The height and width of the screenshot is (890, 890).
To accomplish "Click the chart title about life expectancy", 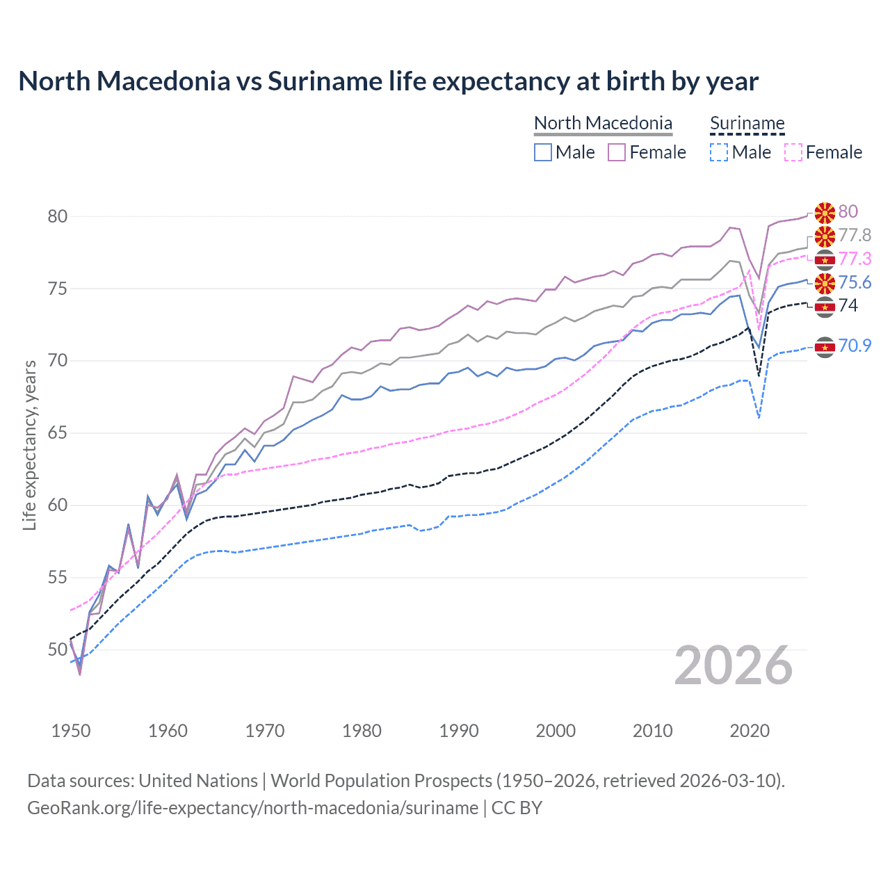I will pos(388,81).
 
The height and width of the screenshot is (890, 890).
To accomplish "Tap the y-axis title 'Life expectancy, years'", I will pos(30,445).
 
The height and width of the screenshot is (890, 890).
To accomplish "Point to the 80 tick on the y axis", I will pos(58,216).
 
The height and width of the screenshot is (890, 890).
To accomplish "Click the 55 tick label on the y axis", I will pos(58,577).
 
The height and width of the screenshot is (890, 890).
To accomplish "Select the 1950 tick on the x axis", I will pos(71,731).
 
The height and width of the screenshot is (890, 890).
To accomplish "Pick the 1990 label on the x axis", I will pos(459,731).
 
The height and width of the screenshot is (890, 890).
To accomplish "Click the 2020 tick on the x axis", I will pos(750,731).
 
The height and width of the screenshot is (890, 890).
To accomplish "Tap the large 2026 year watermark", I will pos(734,666).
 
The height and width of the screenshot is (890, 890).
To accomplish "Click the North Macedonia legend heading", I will pos(603,123).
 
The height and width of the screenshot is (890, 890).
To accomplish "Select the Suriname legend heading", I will pos(747,123).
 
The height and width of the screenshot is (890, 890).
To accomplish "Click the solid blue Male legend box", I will pos(543,152).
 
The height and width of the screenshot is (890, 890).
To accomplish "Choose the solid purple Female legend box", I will pos(617,152).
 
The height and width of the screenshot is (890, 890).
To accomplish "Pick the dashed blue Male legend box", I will pos(719,152).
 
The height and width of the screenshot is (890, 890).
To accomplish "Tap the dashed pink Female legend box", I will pos(793,152).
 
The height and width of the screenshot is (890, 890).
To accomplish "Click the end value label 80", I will pos(848,211).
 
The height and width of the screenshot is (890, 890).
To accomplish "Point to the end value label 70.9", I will pos(855,346).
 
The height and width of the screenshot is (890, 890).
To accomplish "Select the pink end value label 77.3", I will pos(855,259).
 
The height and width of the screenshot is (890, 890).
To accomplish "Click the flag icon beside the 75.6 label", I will pos(825,283).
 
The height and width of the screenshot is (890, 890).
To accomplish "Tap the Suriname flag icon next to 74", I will pos(825,307).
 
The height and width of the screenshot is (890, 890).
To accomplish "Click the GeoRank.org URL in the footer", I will pos(252,808).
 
